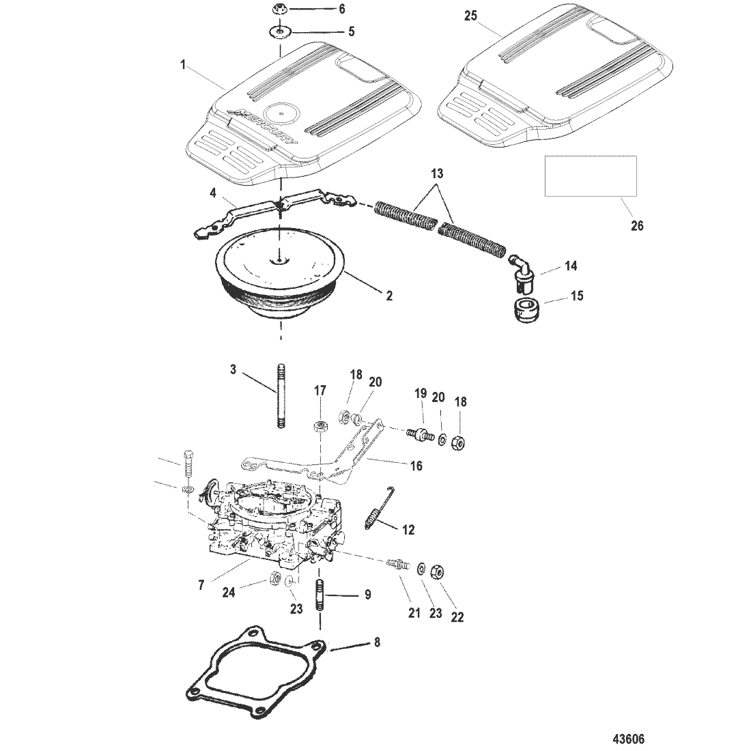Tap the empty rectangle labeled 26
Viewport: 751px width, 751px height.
[591, 175]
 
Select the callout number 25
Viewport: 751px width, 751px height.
[471, 16]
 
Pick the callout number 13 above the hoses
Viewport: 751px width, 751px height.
[437, 173]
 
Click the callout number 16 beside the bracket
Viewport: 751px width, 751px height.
[416, 466]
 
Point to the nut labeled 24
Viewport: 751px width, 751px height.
[275, 578]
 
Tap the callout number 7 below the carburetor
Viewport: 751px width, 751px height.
[201, 585]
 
